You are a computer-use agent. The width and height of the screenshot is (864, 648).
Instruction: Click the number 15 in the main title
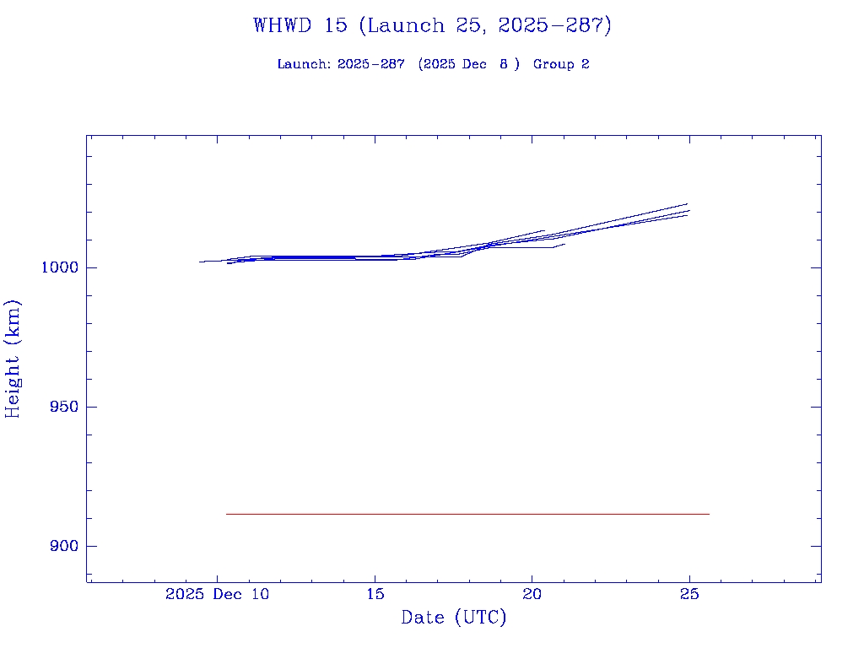(335, 25)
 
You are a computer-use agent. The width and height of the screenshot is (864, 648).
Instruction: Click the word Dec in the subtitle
(474, 64)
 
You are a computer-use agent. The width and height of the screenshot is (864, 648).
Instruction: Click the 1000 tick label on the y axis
(60, 267)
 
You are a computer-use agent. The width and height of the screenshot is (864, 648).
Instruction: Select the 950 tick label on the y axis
(64, 407)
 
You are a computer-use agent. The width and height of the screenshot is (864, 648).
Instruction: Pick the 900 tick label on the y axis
(64, 546)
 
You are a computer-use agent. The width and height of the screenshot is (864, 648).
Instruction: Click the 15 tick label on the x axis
(375, 594)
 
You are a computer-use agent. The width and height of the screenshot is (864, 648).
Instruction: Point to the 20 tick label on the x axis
(532, 594)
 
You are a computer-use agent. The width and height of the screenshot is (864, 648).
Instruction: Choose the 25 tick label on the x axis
(689, 594)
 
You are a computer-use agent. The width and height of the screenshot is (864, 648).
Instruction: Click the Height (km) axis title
(13, 359)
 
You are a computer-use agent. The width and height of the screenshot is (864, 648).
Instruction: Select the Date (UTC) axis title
(454, 618)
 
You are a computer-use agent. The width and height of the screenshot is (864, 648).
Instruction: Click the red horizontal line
(467, 514)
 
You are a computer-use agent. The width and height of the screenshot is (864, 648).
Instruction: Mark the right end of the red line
(709, 514)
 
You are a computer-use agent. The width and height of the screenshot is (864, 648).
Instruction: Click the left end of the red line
(226, 514)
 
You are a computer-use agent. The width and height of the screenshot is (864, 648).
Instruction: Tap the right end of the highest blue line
(688, 203)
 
